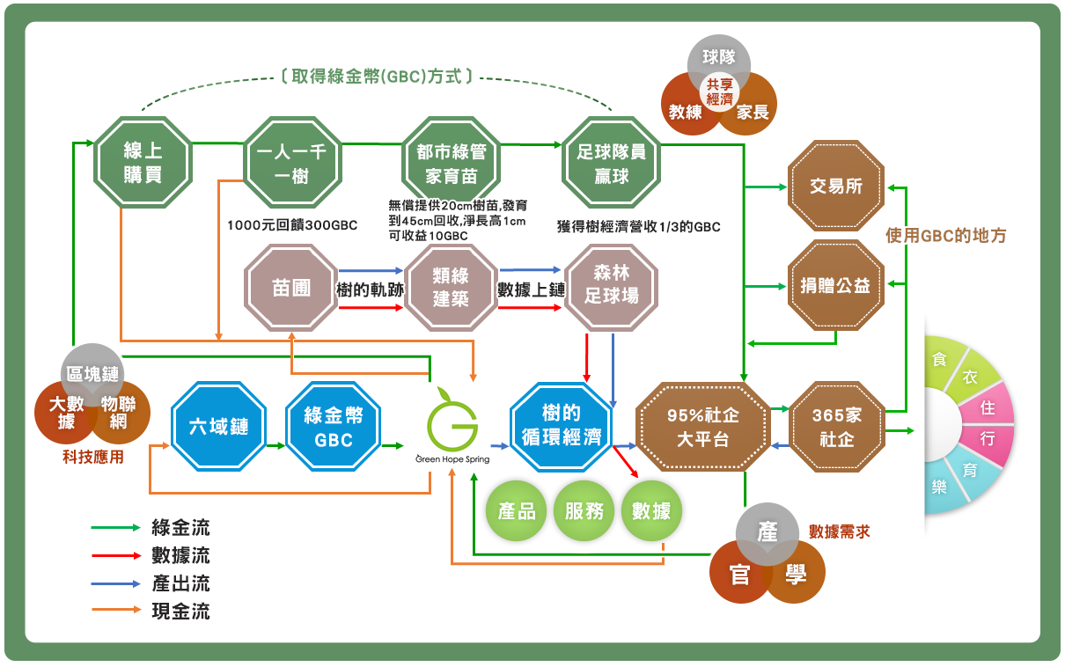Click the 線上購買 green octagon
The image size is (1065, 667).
(x=143, y=164)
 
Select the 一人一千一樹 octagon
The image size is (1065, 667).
(x=291, y=164)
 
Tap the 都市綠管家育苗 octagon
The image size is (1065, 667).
(x=451, y=164)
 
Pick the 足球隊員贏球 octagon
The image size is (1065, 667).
(x=611, y=164)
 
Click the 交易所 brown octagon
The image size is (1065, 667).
(x=835, y=187)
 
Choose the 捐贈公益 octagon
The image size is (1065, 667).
(x=835, y=286)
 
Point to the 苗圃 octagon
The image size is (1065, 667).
(x=291, y=288)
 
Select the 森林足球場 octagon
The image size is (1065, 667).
(x=612, y=286)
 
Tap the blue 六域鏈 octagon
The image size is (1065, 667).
(x=217, y=428)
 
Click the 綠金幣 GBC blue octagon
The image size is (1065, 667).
(x=334, y=428)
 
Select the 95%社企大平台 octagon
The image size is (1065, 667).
(x=701, y=427)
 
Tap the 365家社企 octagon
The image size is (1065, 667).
(x=835, y=427)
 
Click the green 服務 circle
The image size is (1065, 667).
(x=584, y=510)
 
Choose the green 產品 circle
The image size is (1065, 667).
(x=517, y=510)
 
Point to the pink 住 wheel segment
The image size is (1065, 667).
(x=988, y=408)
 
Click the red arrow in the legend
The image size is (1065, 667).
(x=115, y=556)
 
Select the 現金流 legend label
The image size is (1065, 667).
(x=181, y=611)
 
